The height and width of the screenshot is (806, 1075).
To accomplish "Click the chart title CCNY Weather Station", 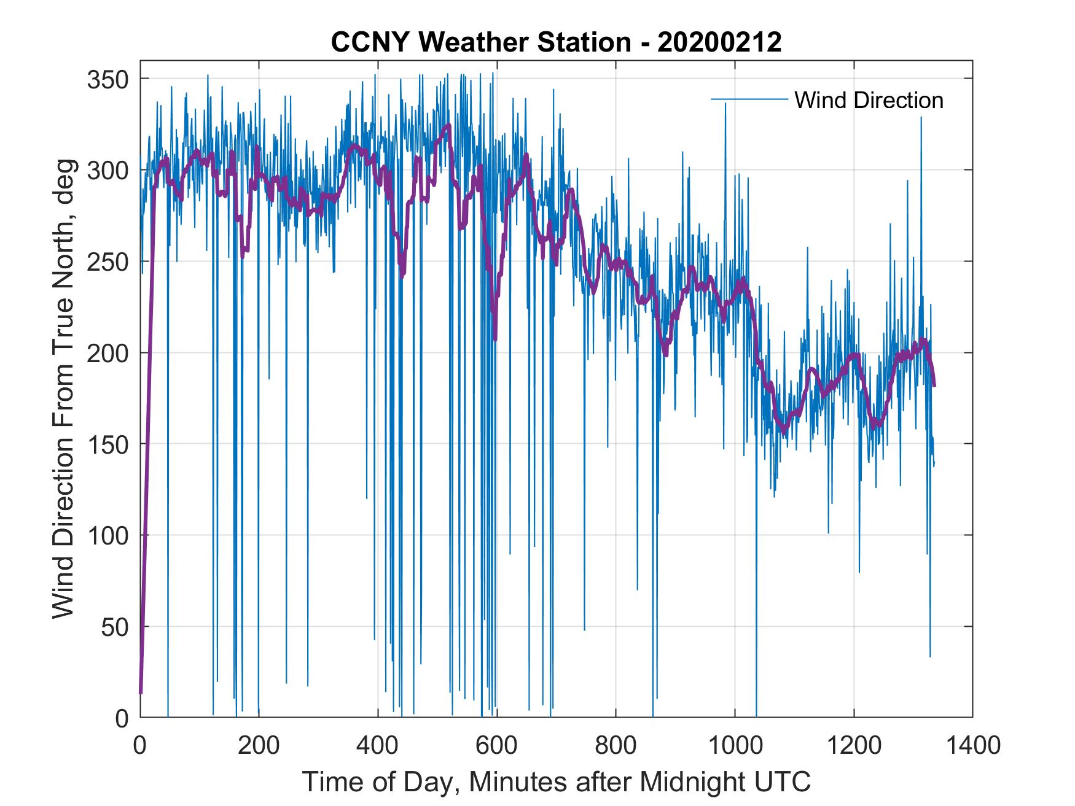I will [481, 42].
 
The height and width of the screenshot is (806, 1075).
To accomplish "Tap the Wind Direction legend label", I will [869, 100].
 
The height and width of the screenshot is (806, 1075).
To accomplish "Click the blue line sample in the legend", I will [749, 99].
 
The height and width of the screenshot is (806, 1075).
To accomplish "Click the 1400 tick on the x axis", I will [972, 746].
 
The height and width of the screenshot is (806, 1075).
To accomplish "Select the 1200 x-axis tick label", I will [853, 746].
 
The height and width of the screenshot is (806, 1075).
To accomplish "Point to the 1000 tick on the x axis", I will [734, 746].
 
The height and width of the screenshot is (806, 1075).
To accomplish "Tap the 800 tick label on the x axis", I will [615, 746].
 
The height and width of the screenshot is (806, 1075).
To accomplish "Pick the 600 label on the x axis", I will [496, 746].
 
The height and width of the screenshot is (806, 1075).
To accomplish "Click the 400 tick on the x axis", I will [377, 746].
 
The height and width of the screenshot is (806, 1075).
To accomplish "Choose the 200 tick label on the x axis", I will [259, 746].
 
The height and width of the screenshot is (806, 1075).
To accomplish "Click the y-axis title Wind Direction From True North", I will [63, 389].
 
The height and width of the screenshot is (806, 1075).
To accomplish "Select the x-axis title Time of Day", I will [556, 782].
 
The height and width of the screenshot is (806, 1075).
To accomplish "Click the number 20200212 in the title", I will [719, 42].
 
